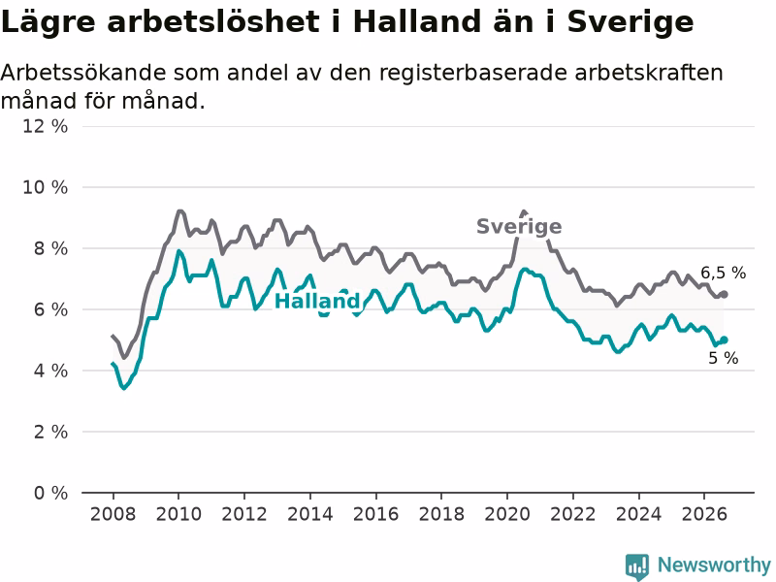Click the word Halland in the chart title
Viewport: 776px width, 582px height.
pyautogui.click(x=417, y=21)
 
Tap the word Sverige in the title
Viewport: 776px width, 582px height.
pyautogui.click(x=630, y=23)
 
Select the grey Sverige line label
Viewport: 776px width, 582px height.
pyautogui.click(x=519, y=227)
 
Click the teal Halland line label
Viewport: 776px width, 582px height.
pyautogui.click(x=317, y=301)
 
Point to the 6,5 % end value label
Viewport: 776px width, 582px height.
pyautogui.click(x=723, y=273)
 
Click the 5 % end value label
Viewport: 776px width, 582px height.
pyautogui.click(x=723, y=358)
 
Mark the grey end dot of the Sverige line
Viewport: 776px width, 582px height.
pyautogui.click(x=724, y=295)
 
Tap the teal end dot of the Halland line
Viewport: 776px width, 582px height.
pyautogui.click(x=724, y=339)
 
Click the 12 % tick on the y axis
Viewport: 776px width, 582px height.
pyautogui.click(x=45, y=126)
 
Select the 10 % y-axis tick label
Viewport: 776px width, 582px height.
pyautogui.click(x=45, y=187)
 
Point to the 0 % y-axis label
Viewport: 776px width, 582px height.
pyautogui.click(x=51, y=493)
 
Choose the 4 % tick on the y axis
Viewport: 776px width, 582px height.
pyautogui.click(x=51, y=371)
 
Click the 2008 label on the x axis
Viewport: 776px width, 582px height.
pyautogui.click(x=113, y=514)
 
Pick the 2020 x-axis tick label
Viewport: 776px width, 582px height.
pyautogui.click(x=507, y=514)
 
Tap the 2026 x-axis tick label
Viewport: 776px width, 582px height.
pyautogui.click(x=704, y=514)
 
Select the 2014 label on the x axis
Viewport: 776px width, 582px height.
pyautogui.click(x=310, y=514)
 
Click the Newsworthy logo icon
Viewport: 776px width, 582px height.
pyautogui.click(x=637, y=566)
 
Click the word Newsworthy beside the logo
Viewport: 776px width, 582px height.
pyautogui.click(x=714, y=565)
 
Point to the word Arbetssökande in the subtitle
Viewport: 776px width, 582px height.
pyautogui.click(x=83, y=73)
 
